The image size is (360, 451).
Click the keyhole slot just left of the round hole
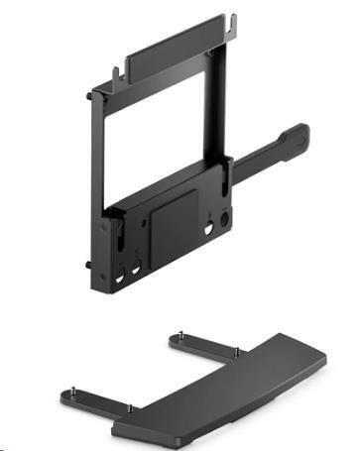click(x=210, y=228)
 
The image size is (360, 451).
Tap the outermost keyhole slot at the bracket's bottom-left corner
click(x=119, y=279)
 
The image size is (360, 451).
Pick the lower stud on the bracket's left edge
click(x=88, y=265)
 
